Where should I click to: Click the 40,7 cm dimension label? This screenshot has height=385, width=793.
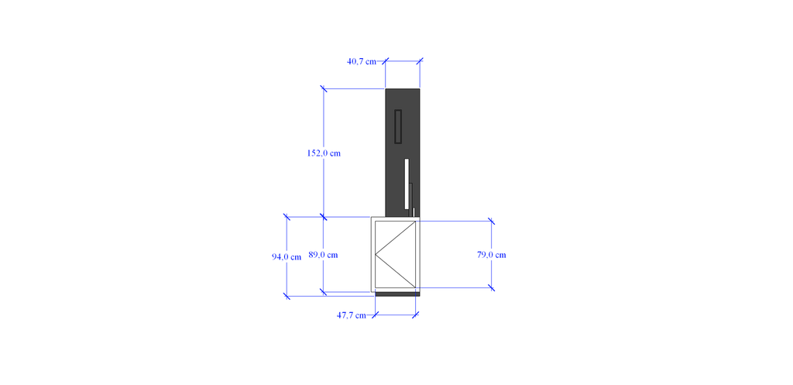(362, 62)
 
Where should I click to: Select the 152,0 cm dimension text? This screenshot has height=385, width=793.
(324, 153)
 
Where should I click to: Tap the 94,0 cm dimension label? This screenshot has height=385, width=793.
(287, 257)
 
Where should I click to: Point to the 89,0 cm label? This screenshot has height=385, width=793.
(323, 255)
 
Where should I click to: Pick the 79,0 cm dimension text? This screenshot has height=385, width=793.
(492, 255)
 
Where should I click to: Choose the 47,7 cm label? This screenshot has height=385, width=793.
(352, 315)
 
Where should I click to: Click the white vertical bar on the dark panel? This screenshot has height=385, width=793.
(406, 184)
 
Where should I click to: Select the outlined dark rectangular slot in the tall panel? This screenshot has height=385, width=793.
(398, 126)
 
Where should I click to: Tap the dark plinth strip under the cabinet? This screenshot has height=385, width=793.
(397, 294)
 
